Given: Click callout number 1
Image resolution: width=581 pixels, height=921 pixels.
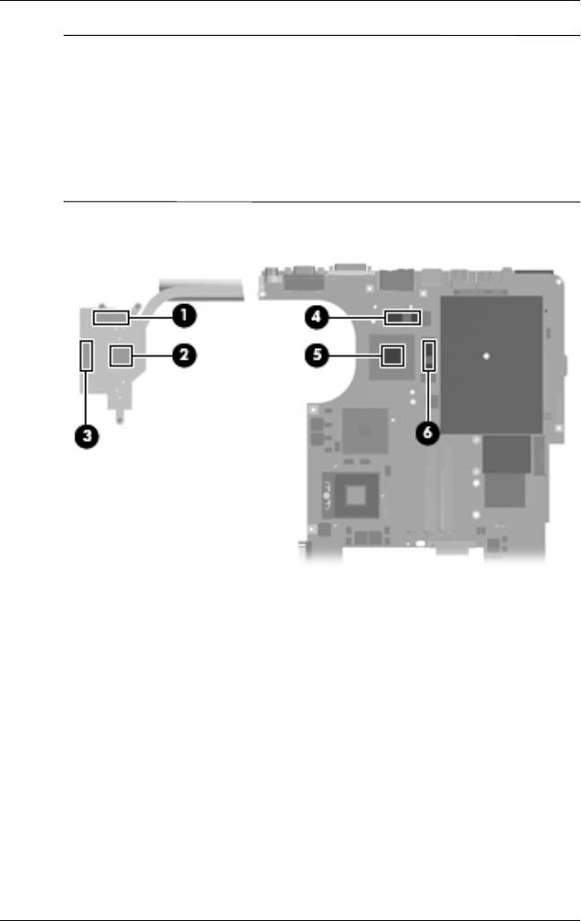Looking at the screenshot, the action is point(186,316).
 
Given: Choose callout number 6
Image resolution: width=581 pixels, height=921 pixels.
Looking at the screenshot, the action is point(429,432).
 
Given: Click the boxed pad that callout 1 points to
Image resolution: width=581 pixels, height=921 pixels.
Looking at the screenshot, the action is point(111,317).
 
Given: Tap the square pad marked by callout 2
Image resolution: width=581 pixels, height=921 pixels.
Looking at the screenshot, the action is point(122,356).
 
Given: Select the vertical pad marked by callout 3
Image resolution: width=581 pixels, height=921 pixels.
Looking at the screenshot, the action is point(86,356).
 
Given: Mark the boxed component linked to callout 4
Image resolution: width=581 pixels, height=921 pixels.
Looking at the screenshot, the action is point(403,317).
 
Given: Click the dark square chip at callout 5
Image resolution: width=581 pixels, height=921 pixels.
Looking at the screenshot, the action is point(391,356).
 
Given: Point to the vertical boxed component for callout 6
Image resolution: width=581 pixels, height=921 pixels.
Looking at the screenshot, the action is point(429,356).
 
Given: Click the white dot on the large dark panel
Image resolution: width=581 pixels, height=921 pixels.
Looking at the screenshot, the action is point(485,356).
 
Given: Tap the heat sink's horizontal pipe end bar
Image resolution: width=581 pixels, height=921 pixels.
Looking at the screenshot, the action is point(204,286).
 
